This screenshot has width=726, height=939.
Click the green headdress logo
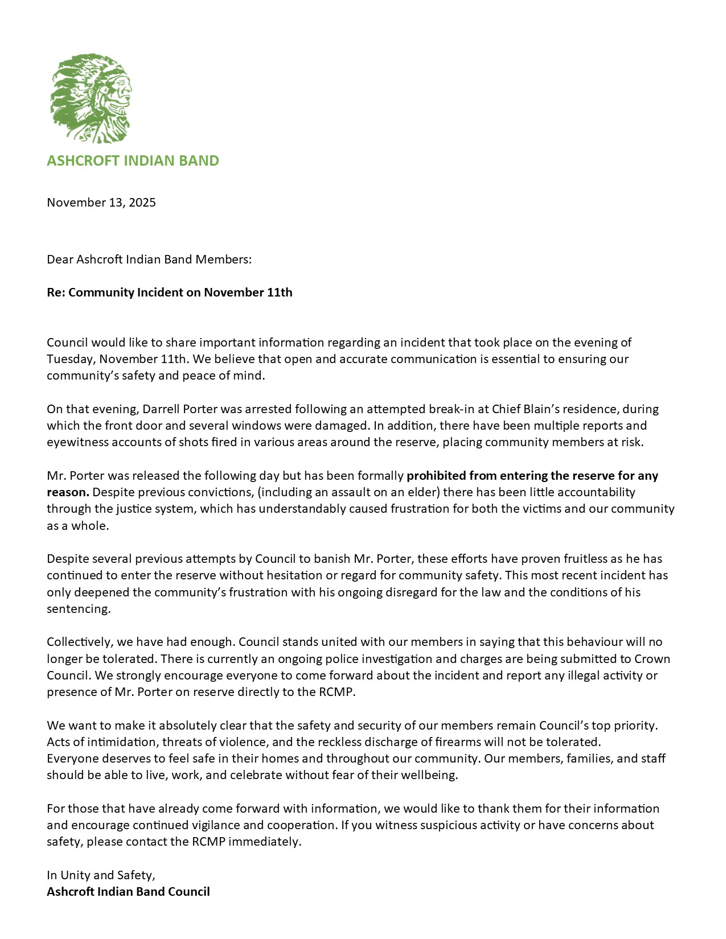(91, 98)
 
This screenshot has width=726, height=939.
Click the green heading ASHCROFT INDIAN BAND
(133, 160)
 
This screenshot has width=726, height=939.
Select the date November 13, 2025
(101, 203)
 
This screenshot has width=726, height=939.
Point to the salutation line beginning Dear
(149, 260)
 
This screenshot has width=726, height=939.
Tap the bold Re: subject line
(169, 293)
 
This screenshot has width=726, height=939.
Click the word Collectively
(80, 642)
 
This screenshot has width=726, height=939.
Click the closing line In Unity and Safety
(101, 875)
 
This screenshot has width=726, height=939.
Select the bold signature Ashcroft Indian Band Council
(128, 892)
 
